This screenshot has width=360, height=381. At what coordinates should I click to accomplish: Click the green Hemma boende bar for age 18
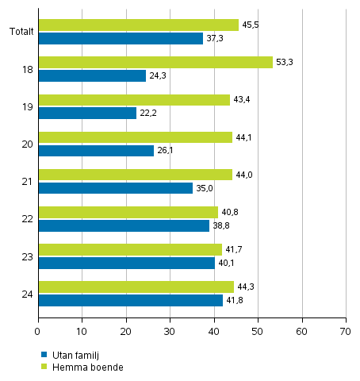[x=155, y=63]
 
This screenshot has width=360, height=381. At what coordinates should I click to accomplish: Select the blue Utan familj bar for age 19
[x=87, y=114]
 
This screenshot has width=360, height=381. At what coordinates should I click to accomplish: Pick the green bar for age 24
[x=136, y=287]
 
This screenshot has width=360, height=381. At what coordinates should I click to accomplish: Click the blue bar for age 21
[x=115, y=188]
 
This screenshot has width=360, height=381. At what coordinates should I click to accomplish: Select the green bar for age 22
[x=128, y=212]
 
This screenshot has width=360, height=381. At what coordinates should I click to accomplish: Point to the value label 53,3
[x=285, y=62]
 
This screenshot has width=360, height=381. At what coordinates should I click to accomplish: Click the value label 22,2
[x=149, y=114]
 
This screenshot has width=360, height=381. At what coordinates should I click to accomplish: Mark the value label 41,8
[x=236, y=300]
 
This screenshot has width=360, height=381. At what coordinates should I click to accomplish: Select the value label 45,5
[x=251, y=25]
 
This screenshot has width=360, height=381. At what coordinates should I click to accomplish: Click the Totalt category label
[x=21, y=32]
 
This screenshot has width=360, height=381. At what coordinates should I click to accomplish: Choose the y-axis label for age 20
[x=27, y=144]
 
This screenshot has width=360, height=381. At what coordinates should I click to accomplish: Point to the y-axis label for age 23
[x=27, y=256]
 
